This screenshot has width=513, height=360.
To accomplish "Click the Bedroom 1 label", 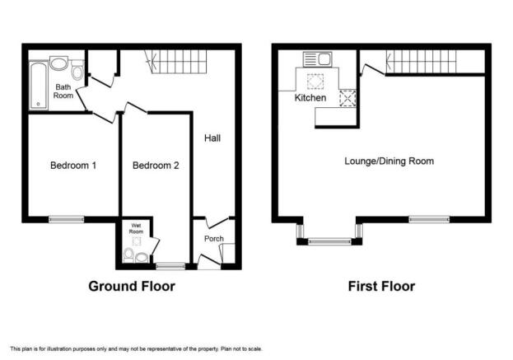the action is (x=73, y=166).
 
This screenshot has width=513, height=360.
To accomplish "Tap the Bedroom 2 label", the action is (x=156, y=166).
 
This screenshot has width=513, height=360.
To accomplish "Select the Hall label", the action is (x=212, y=138).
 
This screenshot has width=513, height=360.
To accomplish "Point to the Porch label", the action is (x=214, y=239).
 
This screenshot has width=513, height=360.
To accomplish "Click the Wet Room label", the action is (x=136, y=228).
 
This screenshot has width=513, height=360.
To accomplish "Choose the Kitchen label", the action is (x=310, y=97).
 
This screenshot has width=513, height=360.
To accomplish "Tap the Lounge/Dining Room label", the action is (x=389, y=161).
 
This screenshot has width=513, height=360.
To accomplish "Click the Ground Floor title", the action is (x=132, y=287).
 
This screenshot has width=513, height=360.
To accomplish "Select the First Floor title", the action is (x=381, y=287).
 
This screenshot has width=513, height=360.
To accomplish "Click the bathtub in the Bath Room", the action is (x=39, y=86).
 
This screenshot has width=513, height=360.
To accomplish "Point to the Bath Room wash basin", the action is (x=59, y=63).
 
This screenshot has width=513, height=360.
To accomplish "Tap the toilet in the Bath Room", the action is (x=77, y=70).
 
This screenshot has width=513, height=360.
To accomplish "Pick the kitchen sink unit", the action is (x=317, y=59).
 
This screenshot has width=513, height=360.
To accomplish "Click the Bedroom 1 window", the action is (x=67, y=219).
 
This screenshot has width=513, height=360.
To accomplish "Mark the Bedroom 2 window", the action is (x=170, y=266).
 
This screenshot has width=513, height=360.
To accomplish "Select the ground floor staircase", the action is (x=176, y=62).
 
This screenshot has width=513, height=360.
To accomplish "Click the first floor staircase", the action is (x=421, y=62).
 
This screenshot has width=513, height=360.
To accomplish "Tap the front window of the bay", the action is (x=329, y=241).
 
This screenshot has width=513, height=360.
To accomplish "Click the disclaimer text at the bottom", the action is (x=136, y=348).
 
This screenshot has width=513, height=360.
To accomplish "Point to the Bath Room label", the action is (x=63, y=91).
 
